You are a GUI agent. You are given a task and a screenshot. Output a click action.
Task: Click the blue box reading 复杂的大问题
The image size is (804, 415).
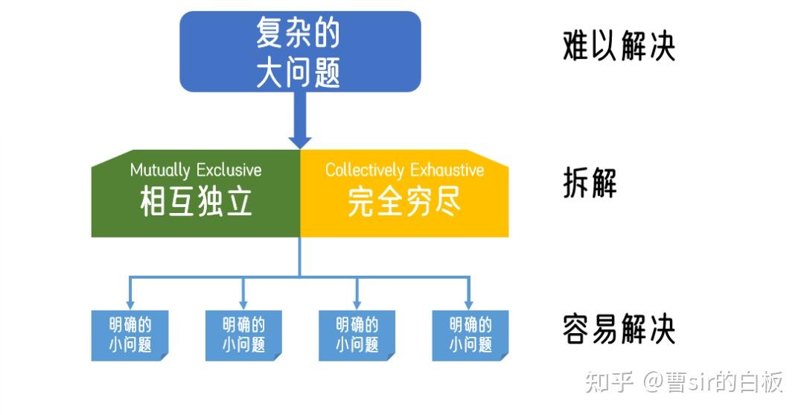(300, 51)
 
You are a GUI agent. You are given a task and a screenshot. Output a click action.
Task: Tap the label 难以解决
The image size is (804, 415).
(619, 47)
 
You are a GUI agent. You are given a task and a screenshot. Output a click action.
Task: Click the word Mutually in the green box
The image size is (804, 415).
(159, 170)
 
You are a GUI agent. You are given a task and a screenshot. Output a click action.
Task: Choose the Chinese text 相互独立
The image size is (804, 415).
(196, 201)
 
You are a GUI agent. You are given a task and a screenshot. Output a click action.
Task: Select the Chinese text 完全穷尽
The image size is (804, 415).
(404, 201)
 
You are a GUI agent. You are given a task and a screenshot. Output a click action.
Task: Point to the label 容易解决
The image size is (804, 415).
(619, 329)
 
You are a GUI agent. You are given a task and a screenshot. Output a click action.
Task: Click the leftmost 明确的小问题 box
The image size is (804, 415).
(130, 335)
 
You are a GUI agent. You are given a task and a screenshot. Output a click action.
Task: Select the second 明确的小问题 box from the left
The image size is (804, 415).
(243, 335)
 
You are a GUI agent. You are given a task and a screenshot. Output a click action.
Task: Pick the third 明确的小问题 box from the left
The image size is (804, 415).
(357, 335)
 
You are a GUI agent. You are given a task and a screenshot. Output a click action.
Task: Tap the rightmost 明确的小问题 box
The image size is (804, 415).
(470, 335)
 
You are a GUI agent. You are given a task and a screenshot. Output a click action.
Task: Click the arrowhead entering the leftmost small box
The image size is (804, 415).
(130, 303)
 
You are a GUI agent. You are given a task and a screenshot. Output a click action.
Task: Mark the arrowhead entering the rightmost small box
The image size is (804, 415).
(469, 303)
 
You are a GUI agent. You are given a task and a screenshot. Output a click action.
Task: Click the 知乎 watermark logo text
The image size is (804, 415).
(608, 382)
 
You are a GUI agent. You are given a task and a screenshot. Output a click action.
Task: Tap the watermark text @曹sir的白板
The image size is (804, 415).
(713, 382)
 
